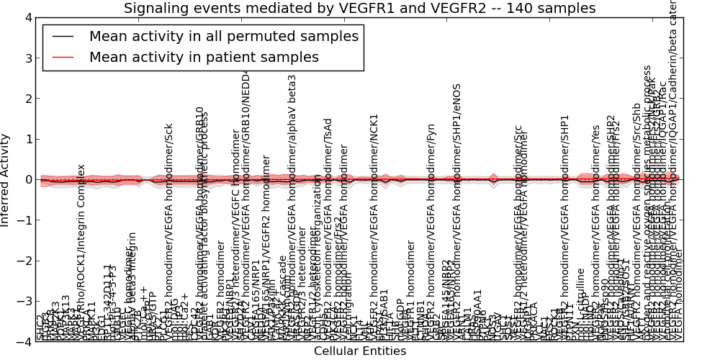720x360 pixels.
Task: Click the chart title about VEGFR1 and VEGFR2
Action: click(359, 9)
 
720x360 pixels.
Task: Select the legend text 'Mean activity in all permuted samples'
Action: click(223, 37)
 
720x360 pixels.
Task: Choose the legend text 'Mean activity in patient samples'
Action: click(204, 58)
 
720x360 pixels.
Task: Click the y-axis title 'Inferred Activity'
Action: click(6, 180)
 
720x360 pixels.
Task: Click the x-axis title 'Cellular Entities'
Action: click(359, 351)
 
